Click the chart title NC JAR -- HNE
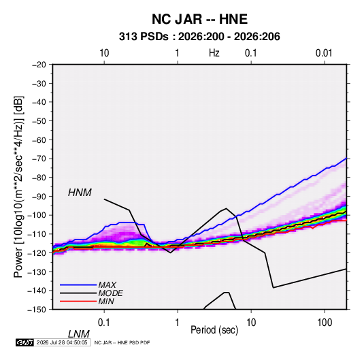coord(199,19)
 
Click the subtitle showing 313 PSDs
coord(199,37)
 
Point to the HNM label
coord(80,193)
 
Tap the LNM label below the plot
coord(78,334)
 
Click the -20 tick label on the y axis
coord(39,65)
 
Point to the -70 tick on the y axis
coord(39,159)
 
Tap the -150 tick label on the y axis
coord(37,310)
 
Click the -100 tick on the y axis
coord(37,215)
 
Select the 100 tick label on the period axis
coord(325,323)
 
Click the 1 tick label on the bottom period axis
coord(178,323)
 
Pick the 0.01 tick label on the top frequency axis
coord(324,53)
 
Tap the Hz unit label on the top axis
coord(214,53)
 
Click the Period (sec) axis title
coord(214,330)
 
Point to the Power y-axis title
coord(18,187)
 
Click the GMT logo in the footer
coord(24,342)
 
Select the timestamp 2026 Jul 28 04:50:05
coord(62,342)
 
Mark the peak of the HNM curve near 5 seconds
coord(226,208)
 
